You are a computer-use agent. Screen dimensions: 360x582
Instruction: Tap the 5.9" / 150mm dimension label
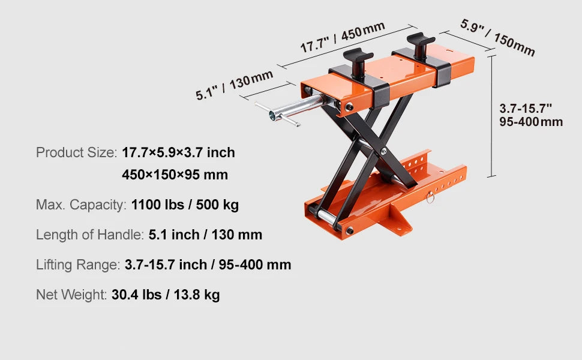[497, 37]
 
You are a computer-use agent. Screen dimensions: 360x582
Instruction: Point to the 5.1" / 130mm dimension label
[234, 85]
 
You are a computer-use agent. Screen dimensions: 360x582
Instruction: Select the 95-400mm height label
[531, 122]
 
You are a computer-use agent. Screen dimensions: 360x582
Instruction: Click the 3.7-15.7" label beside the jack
[526, 108]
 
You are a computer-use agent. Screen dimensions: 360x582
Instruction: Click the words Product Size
[75, 152]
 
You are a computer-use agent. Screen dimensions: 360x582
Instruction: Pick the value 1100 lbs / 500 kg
[185, 205]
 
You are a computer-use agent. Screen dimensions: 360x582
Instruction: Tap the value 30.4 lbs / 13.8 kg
[166, 295]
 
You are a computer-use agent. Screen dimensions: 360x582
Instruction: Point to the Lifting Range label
[77, 264]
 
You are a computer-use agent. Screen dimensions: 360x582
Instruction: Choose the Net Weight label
[71, 295]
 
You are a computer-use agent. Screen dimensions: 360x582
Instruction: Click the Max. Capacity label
[81, 205]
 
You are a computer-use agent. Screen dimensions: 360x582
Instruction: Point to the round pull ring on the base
[428, 198]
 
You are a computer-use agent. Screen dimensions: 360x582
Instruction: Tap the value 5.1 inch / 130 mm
[205, 234]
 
